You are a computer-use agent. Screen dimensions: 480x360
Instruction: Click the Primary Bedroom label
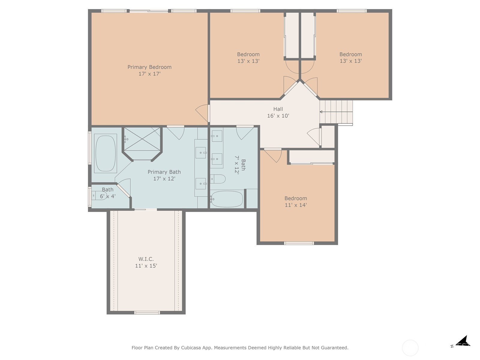pyautogui.click(x=149, y=67)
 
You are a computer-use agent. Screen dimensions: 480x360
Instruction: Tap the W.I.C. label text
pyautogui.click(x=146, y=259)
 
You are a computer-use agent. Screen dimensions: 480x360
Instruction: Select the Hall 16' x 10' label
pyautogui.click(x=278, y=112)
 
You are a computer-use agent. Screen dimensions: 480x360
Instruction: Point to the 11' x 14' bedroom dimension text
pyautogui.click(x=296, y=205)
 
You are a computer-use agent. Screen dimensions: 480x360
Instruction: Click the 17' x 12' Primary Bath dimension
pyautogui.click(x=164, y=178)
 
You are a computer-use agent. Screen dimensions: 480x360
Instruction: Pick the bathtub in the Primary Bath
pyautogui.click(x=105, y=153)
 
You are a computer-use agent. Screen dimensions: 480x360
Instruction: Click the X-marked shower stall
pyautogui.click(x=142, y=139)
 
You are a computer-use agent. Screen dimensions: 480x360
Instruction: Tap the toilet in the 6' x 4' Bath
pyautogui.click(x=99, y=195)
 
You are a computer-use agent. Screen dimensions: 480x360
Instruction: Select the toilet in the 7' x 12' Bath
pyautogui.click(x=218, y=179)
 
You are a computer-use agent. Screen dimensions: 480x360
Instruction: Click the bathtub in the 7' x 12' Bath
pyautogui.click(x=227, y=199)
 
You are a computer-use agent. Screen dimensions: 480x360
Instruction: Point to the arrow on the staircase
pyautogui.click(x=336, y=112)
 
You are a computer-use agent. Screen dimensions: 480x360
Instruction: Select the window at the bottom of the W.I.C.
pyautogui.click(x=147, y=313)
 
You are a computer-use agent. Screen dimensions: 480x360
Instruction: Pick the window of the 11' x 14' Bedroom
pyautogui.click(x=299, y=243)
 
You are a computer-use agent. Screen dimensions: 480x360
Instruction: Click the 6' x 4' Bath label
pyautogui.click(x=108, y=193)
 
